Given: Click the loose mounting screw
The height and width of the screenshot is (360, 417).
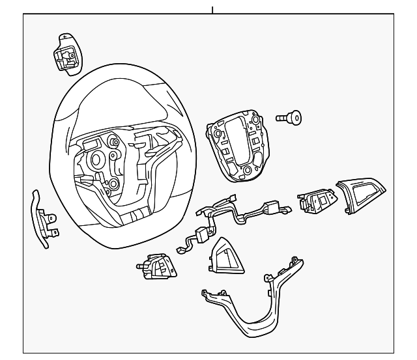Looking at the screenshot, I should click(289, 118).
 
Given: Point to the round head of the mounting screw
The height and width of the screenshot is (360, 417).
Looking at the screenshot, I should click(296, 118).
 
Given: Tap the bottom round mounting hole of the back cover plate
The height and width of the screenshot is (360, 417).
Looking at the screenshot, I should click(247, 172).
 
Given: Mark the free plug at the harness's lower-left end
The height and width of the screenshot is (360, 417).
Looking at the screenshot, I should click(180, 249).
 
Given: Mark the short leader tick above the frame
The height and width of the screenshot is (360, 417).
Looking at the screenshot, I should click(212, 10).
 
